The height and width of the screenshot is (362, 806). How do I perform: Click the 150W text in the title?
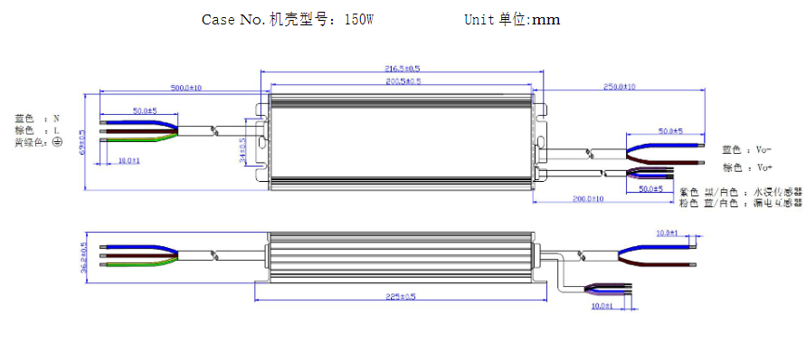coord(358,20)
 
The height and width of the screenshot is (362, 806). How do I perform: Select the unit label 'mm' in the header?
coord(546,20)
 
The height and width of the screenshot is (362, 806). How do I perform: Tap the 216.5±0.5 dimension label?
coord(403,69)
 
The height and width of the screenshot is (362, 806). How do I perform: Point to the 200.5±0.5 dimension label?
coord(403,81)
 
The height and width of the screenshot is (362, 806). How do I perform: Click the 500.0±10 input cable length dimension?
coord(185,88)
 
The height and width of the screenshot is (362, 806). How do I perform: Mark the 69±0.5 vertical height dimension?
coord(82,143)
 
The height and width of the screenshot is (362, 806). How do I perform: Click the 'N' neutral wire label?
coord(56,118)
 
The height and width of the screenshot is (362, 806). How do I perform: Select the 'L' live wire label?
coord(56,130)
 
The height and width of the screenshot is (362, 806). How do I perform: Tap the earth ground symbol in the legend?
coord(57,142)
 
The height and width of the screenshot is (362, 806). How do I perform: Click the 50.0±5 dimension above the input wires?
coord(145,110)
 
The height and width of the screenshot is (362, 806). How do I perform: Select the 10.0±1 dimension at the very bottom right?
coord(602,306)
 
